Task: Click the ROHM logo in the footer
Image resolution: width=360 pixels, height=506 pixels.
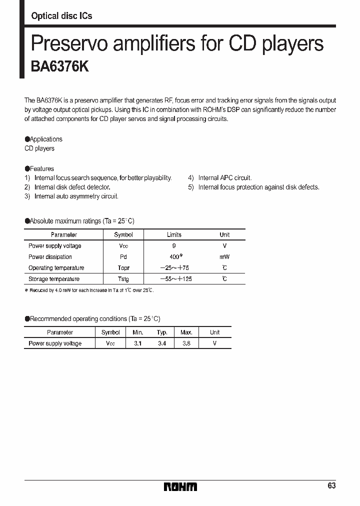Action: click(180, 486)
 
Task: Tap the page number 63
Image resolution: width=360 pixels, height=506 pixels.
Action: click(332, 486)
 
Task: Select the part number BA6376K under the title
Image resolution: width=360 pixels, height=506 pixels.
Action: click(60, 66)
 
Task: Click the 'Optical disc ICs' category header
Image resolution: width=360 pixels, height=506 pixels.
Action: click(61, 16)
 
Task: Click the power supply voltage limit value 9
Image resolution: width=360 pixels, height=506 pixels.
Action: click(174, 246)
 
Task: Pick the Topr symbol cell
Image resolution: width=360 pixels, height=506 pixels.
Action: click(123, 268)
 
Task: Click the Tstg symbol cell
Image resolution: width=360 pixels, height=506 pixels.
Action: click(123, 279)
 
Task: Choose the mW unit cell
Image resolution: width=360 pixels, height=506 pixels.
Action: click(224, 257)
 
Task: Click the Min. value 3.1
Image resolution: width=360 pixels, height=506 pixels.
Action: click(138, 343)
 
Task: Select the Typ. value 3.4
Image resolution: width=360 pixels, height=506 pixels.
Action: click(162, 343)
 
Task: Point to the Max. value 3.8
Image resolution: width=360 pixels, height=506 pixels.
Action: click(186, 343)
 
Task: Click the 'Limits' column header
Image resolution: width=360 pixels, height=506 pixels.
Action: click(174, 234)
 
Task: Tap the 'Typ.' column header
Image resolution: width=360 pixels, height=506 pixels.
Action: click(162, 332)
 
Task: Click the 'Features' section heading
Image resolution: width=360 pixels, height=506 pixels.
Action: click(39, 169)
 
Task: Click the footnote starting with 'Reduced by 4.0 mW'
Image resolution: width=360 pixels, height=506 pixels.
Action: click(90, 290)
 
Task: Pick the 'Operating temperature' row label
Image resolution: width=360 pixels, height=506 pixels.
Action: click(56, 268)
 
